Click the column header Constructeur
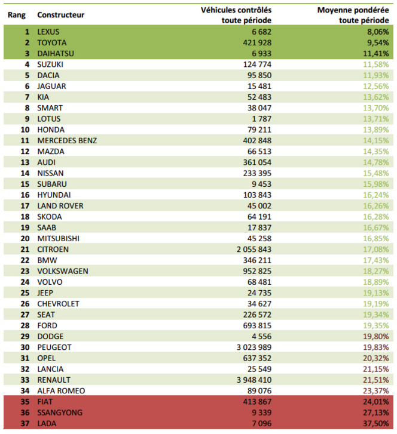tap(60, 14)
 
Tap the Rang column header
tap(16, 14)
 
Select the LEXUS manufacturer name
tap(48, 31)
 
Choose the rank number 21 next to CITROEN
tap(25, 250)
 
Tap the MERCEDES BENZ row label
tap(67, 140)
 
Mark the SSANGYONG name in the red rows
tap(60, 413)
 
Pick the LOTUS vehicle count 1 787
tap(260, 118)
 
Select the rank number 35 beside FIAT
tap(25, 402)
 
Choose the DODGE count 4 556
tap(260, 337)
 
